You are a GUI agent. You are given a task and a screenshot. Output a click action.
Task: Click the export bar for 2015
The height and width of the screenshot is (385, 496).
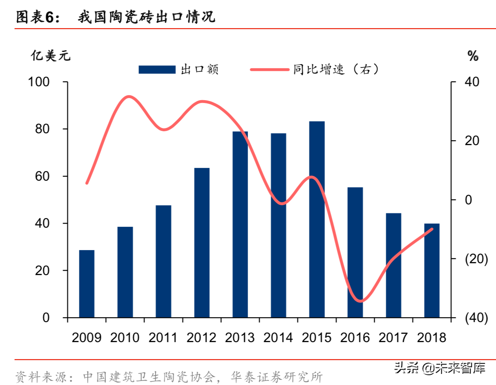[x=317, y=219]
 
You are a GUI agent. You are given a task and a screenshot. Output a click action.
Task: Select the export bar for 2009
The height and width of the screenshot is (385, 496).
[x=87, y=284]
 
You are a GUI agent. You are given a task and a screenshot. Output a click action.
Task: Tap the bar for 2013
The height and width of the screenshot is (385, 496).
[x=240, y=224]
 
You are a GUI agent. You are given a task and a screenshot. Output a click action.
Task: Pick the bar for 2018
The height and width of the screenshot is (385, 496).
[x=432, y=270]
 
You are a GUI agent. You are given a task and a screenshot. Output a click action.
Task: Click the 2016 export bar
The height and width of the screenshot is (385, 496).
[x=355, y=252]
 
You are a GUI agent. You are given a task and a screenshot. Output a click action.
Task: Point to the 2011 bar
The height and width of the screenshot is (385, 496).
[x=163, y=261]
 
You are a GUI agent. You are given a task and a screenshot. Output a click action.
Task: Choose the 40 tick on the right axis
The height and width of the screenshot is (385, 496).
[x=473, y=82]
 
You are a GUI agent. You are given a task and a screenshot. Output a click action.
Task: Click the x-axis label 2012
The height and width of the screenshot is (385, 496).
[x=201, y=338]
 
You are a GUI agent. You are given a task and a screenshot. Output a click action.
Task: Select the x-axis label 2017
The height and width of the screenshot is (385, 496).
[x=393, y=338]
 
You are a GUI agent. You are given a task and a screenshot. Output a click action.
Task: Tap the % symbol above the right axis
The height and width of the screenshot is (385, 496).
[x=473, y=56]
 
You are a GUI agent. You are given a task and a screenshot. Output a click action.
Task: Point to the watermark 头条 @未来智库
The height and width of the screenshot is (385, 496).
[x=439, y=368]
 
